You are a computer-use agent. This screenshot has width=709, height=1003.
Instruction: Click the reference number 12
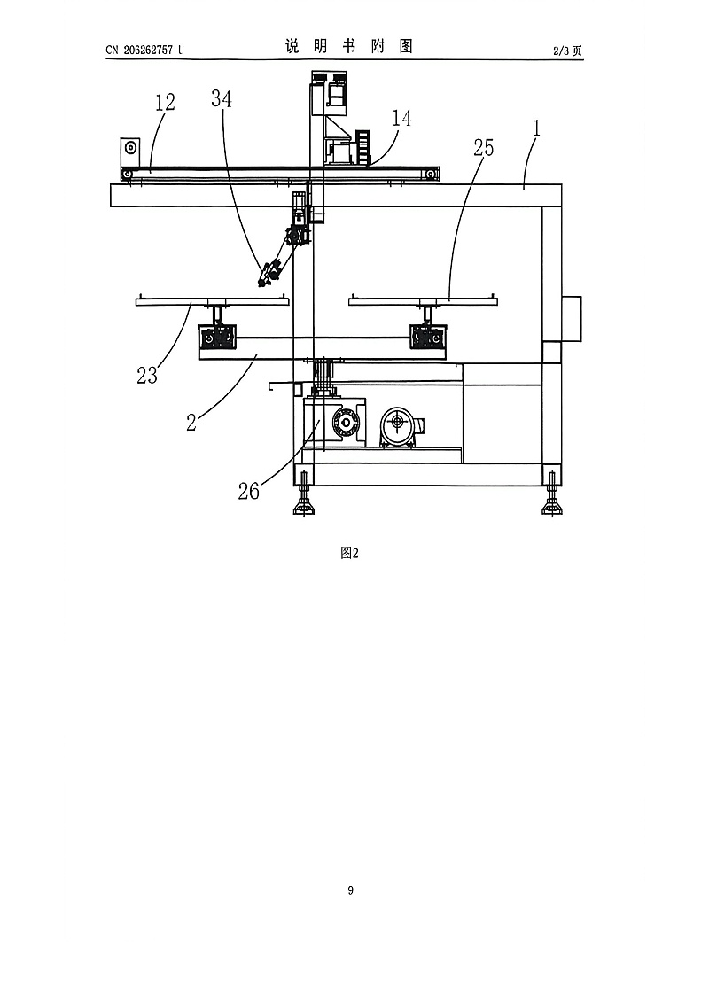[165, 103]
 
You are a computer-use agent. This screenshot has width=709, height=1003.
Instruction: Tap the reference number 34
[222, 98]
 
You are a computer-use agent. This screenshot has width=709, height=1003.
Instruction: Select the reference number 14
[401, 118]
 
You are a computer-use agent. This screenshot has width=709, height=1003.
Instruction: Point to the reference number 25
[484, 148]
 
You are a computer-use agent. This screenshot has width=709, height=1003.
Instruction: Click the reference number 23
[147, 375]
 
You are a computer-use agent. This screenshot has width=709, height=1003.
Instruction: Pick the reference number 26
[249, 491]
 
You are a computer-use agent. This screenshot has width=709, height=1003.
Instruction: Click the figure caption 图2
[349, 553]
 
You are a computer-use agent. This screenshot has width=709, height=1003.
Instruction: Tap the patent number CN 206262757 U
[144, 50]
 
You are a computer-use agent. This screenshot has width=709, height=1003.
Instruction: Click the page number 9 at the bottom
[350, 890]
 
